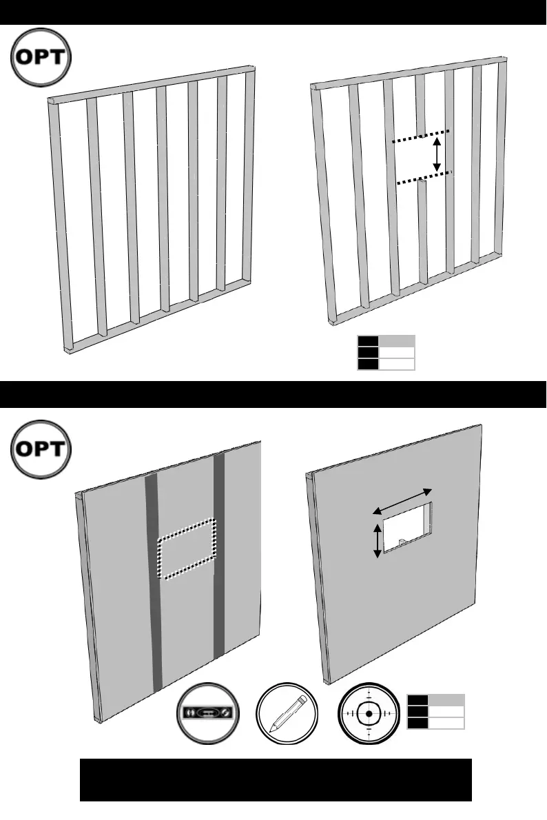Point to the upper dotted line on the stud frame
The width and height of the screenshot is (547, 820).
pos(421,136)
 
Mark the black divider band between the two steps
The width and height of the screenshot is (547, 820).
pos(273,394)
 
